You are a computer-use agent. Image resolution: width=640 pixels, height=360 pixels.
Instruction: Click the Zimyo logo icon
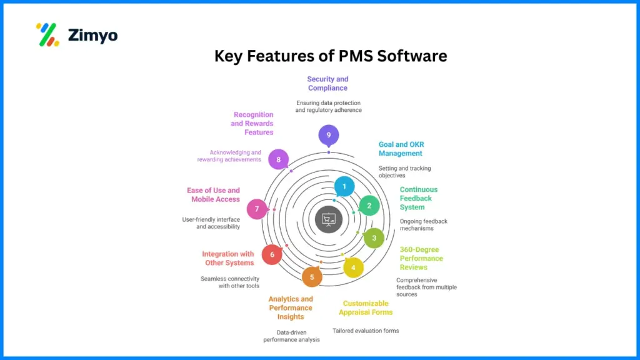(47, 35)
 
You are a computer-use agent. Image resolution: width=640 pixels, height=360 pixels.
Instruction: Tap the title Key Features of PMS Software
(331, 56)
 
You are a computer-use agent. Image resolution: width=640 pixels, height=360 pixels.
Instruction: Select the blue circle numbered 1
(344, 186)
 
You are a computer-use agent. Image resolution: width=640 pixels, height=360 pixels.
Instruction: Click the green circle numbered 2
(369, 206)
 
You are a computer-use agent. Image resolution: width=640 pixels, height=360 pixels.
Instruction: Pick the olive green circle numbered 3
(374, 237)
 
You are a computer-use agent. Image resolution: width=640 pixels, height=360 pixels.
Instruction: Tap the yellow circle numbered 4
(353, 267)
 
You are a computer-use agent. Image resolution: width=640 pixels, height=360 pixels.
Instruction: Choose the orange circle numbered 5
(312, 276)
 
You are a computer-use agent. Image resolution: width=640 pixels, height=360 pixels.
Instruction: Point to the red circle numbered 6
(272, 254)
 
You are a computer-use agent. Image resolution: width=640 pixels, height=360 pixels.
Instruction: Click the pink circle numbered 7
(257, 209)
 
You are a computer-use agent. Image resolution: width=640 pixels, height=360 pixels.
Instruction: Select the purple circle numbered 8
(278, 159)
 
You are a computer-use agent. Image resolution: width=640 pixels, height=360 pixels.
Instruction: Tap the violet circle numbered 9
(328, 135)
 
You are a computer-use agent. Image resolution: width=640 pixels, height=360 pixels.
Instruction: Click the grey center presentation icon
(328, 219)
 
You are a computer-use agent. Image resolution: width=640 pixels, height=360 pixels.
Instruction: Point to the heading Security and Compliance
(327, 84)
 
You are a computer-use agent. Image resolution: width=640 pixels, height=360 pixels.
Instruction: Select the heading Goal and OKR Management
(400, 149)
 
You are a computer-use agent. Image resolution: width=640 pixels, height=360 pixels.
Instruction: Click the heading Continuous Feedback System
(419, 198)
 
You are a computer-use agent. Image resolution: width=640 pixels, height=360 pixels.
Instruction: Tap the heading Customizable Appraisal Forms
(366, 307)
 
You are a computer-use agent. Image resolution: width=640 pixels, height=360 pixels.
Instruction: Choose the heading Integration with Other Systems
(228, 258)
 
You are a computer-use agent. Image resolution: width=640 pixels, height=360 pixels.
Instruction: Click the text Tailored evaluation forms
(365, 331)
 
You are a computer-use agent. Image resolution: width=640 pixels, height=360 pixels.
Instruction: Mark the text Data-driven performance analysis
(291, 336)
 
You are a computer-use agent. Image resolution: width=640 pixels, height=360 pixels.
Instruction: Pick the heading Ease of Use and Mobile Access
(213, 194)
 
